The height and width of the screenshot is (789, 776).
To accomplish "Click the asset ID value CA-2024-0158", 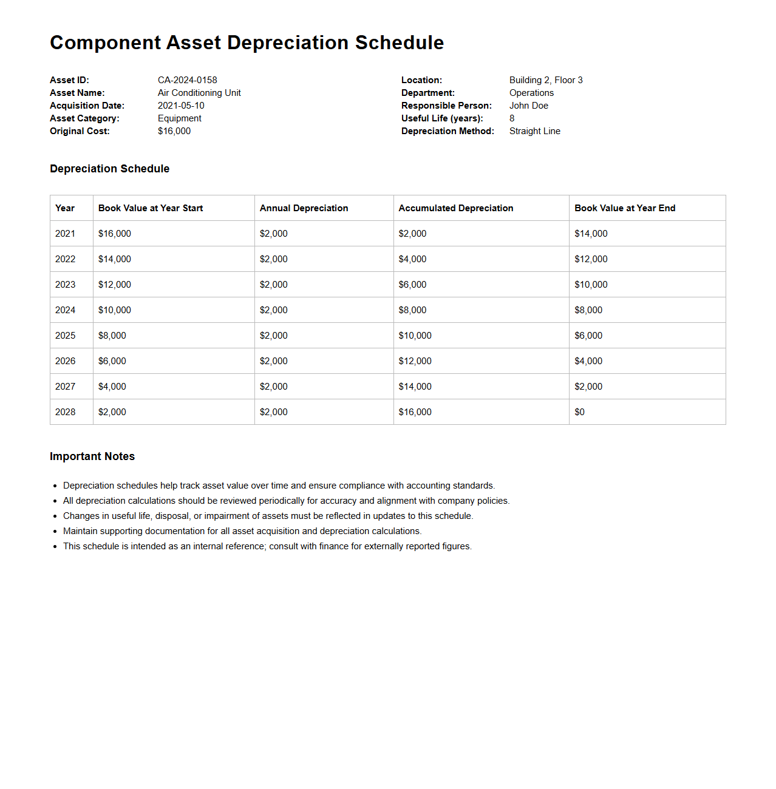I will [187, 80].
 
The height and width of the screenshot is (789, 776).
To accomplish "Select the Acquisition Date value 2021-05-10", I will [181, 106].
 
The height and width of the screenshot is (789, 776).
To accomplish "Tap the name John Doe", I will [528, 106].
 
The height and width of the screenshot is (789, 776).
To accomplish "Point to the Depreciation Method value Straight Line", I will [534, 131].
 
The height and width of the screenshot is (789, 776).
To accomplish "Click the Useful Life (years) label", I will [442, 118].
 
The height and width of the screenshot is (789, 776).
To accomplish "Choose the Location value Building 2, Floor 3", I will [546, 80].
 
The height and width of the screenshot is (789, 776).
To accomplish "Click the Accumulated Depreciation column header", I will [455, 208].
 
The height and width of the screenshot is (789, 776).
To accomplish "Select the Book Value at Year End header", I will [625, 208].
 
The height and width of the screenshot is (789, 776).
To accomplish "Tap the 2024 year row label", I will [66, 310].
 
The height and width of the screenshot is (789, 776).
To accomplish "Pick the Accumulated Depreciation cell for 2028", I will [415, 412].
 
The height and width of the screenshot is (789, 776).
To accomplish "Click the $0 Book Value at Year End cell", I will [579, 412].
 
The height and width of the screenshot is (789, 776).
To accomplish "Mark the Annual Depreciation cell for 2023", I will [273, 285].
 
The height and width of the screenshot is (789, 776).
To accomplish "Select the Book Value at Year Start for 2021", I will [114, 234].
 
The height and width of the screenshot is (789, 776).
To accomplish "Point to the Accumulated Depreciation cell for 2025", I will [415, 336].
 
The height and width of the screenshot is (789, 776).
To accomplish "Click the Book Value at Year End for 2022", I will [591, 259].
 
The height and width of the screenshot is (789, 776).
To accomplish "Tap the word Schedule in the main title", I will [399, 42].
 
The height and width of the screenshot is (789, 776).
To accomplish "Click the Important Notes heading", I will [92, 456].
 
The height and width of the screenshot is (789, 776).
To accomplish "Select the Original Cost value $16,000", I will [174, 131].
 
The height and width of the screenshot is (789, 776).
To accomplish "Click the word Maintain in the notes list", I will [82, 531].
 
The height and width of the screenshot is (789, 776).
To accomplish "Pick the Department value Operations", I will [531, 93].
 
